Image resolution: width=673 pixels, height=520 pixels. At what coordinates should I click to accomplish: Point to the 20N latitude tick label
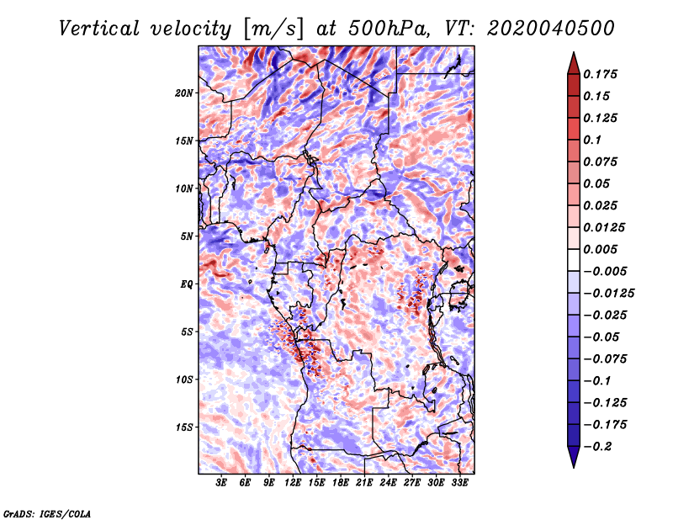tap(184, 93)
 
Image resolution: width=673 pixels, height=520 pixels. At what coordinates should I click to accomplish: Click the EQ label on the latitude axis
tap(186, 284)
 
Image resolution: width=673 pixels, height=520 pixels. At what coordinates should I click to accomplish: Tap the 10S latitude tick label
tap(184, 379)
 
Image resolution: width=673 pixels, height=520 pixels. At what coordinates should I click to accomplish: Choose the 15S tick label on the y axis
tap(184, 427)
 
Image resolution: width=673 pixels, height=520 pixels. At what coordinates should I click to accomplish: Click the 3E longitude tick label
tap(222, 484)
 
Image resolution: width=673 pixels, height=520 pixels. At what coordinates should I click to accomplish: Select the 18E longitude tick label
tap(341, 484)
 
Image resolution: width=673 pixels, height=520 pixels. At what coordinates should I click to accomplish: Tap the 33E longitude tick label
tap(459, 484)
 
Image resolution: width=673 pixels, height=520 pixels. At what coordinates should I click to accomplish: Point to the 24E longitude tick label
tap(388, 484)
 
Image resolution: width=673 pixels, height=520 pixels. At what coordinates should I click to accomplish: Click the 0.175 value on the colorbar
tap(602, 74)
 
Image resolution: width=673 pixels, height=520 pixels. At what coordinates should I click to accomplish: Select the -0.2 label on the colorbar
tap(599, 446)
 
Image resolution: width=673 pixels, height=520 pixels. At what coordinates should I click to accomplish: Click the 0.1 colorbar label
tap(593, 140)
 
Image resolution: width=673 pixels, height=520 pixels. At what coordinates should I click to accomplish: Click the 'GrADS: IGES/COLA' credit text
tap(46, 512)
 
